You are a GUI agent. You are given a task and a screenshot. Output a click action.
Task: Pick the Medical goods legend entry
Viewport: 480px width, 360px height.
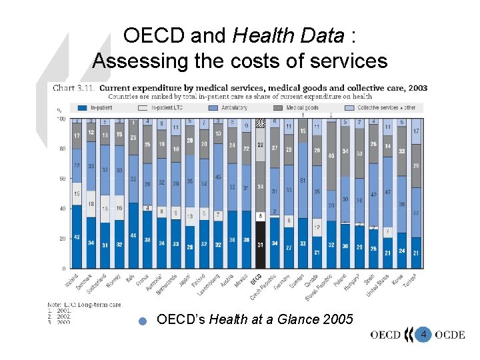pyautogui.click(x=303, y=107)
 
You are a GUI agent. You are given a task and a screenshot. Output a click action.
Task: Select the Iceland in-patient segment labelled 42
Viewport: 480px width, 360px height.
pyautogui.click(x=77, y=237)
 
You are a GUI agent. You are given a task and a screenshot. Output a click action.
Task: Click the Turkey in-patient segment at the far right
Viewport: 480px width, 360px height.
pyautogui.click(x=416, y=253)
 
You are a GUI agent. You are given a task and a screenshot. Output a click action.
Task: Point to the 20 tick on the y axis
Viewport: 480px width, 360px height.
pyautogui.click(x=62, y=239)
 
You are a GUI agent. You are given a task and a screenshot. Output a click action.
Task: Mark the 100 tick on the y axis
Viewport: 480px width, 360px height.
pyautogui.click(x=61, y=119)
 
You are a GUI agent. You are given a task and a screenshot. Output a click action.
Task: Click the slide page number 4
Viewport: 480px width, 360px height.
pyautogui.click(x=423, y=333)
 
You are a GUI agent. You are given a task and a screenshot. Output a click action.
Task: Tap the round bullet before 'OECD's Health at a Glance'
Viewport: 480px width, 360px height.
pyautogui.click(x=142, y=321)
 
